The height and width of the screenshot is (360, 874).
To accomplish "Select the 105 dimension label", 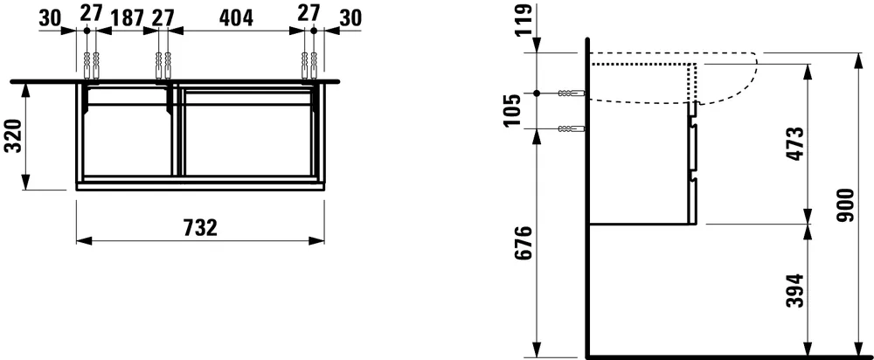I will click(x=523, y=110).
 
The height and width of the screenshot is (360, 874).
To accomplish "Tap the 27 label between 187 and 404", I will click(x=163, y=16).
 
